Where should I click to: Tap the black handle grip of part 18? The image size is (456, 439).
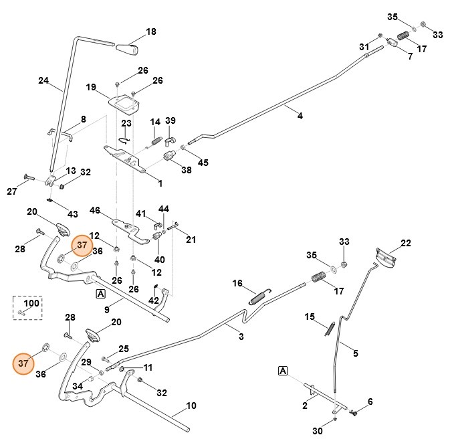[x=128, y=50]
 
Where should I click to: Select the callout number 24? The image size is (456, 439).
[x=43, y=81]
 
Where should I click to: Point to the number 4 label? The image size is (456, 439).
[x=300, y=116]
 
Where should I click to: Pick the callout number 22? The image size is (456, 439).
[x=405, y=243]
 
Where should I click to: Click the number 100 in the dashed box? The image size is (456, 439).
[x=32, y=303]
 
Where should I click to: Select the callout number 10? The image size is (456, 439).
[x=191, y=406]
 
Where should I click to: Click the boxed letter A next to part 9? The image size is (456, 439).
[x=100, y=294]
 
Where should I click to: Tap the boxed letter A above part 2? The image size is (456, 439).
[x=282, y=370]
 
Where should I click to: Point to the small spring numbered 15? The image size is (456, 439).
[x=330, y=327]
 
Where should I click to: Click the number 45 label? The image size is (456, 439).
[x=203, y=163]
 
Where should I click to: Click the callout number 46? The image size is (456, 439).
[x=94, y=210]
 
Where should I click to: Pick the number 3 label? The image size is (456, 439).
[x=241, y=337]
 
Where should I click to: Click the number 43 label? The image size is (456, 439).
[x=72, y=214]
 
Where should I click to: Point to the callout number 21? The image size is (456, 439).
[x=191, y=240]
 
